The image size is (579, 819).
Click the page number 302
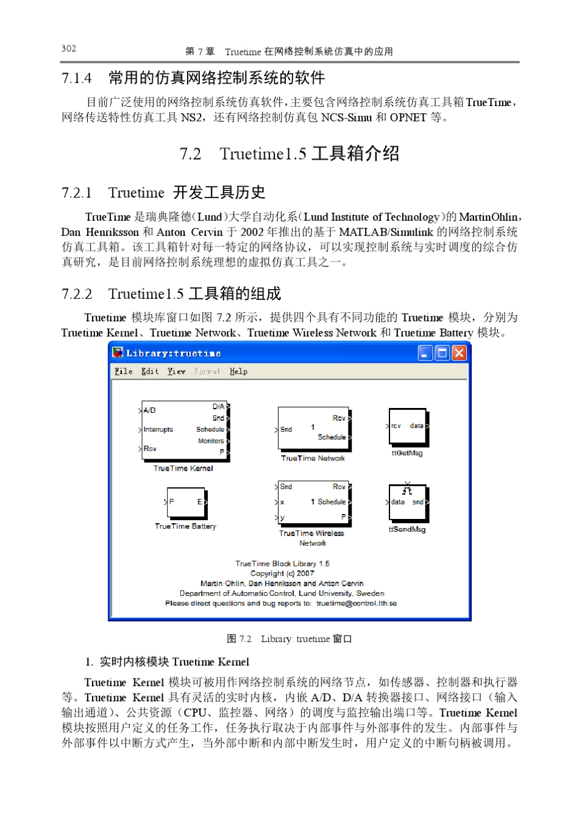[x=69, y=49]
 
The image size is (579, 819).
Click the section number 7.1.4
[x=77, y=78]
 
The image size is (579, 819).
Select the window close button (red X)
[x=459, y=352]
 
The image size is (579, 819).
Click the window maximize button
[x=442, y=352]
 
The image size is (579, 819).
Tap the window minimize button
[x=425, y=352]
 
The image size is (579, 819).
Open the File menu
[x=123, y=371]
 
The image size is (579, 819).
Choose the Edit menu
[x=150, y=371]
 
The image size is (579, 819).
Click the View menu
[x=177, y=371]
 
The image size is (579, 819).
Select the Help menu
[x=238, y=371]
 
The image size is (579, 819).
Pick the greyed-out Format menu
[x=207, y=371]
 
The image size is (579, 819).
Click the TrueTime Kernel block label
[x=183, y=468]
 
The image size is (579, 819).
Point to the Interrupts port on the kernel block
[x=158, y=429]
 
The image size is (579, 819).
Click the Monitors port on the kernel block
[x=211, y=441]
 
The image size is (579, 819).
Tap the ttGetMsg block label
[x=407, y=453]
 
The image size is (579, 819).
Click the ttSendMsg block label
[x=407, y=529]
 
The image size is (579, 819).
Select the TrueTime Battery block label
[x=185, y=526]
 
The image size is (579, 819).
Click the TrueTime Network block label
[x=313, y=458]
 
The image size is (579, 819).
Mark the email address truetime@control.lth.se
[x=356, y=603]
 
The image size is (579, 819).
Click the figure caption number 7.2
[x=245, y=639]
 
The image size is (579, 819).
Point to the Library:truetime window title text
[x=174, y=353]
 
